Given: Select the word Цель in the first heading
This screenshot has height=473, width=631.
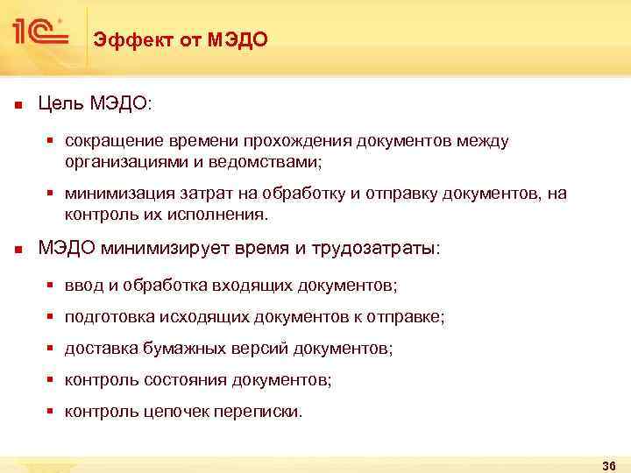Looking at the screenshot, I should coord(60,104).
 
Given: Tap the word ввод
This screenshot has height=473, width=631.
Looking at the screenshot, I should coord(81,286).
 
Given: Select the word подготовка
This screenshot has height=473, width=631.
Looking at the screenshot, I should coord(105,317).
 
